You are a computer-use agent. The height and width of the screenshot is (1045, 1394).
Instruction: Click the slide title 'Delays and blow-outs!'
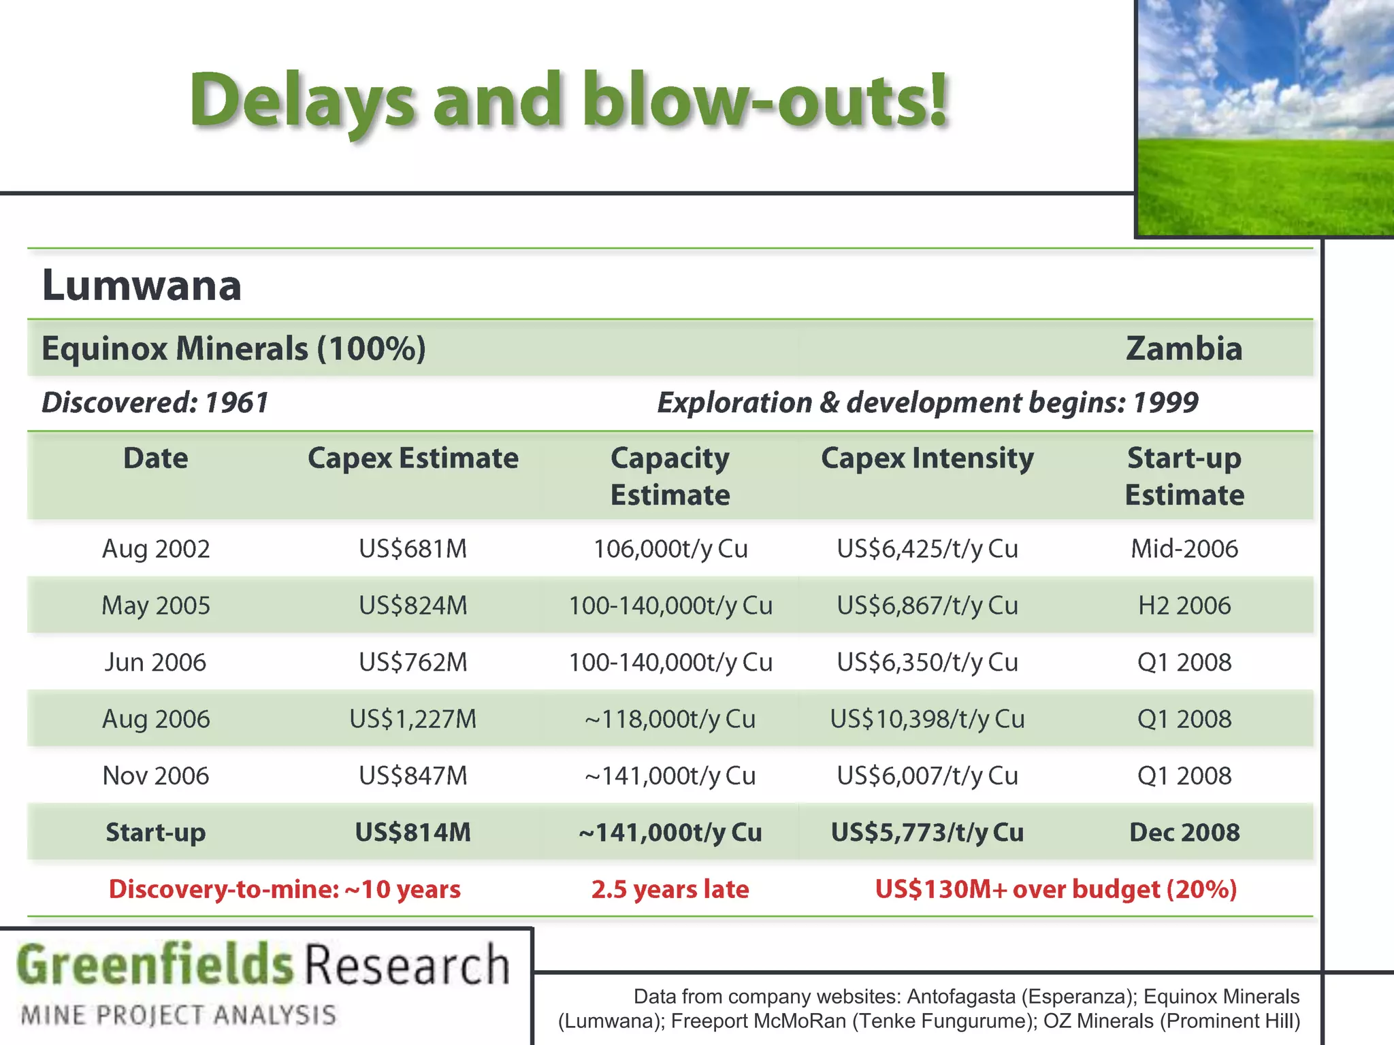pyautogui.click(x=569, y=101)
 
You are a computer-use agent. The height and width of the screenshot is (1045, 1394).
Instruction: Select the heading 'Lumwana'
pyautogui.click(x=142, y=285)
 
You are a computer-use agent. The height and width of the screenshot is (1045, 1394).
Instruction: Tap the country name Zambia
pyautogui.click(x=1184, y=348)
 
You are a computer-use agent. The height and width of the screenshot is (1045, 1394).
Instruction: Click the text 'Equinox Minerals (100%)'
pyautogui.click(x=233, y=348)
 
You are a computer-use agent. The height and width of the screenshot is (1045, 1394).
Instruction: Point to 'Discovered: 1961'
pyautogui.click(x=155, y=403)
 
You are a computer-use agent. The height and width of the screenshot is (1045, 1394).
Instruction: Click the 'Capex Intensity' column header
pyautogui.click(x=927, y=458)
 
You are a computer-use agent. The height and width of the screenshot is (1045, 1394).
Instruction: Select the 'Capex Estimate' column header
pyautogui.click(x=412, y=458)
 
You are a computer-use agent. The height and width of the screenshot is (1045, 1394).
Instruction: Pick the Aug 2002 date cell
pyautogui.click(x=156, y=548)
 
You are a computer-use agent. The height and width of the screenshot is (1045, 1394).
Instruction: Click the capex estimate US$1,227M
pyautogui.click(x=412, y=718)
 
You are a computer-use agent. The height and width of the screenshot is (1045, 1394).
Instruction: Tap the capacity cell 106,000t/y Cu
pyautogui.click(x=670, y=548)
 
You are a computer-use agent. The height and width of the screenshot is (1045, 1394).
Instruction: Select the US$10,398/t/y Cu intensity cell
pyautogui.click(x=927, y=718)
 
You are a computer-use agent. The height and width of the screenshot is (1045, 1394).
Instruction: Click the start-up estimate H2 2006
pyautogui.click(x=1184, y=605)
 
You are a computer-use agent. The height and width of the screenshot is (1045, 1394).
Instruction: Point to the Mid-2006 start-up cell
pyautogui.click(x=1184, y=548)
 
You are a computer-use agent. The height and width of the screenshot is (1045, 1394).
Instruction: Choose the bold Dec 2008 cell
pyautogui.click(x=1184, y=832)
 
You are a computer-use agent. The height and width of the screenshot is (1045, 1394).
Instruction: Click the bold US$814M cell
pyautogui.click(x=412, y=832)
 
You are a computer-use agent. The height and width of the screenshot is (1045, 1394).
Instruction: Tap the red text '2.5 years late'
pyautogui.click(x=670, y=889)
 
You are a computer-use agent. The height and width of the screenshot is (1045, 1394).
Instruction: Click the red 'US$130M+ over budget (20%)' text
pyautogui.click(x=1056, y=889)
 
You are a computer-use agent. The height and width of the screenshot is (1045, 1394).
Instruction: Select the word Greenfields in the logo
pyautogui.click(x=155, y=965)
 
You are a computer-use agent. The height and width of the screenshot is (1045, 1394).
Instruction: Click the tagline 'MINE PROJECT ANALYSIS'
pyautogui.click(x=178, y=1015)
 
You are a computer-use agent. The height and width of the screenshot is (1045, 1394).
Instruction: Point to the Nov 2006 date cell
pyautogui.click(x=156, y=776)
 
